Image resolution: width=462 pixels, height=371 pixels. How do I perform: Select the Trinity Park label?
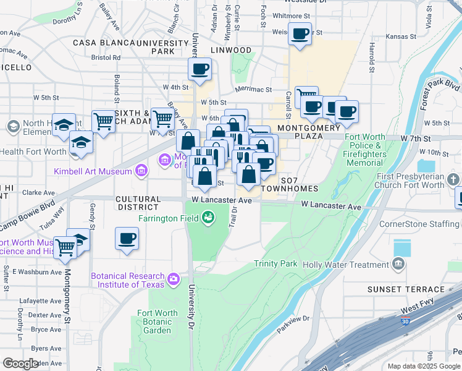(275, 264)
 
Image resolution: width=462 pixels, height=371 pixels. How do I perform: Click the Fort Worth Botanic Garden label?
(154, 321)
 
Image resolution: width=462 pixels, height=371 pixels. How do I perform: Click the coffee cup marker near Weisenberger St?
(300, 34)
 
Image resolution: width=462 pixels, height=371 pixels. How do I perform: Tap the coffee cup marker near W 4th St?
(199, 70)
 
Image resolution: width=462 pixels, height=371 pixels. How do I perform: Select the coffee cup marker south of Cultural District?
(127, 239)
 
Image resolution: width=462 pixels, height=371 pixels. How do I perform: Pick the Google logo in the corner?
(21, 364)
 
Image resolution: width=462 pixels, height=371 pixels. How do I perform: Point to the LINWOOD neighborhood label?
(230, 50)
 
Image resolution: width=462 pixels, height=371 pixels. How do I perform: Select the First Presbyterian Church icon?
(454, 180)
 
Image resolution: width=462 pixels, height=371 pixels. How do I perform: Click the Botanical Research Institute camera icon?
(174, 279)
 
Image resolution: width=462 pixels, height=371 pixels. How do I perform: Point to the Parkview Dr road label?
(293, 323)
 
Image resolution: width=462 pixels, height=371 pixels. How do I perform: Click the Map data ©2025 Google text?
(424, 366)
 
